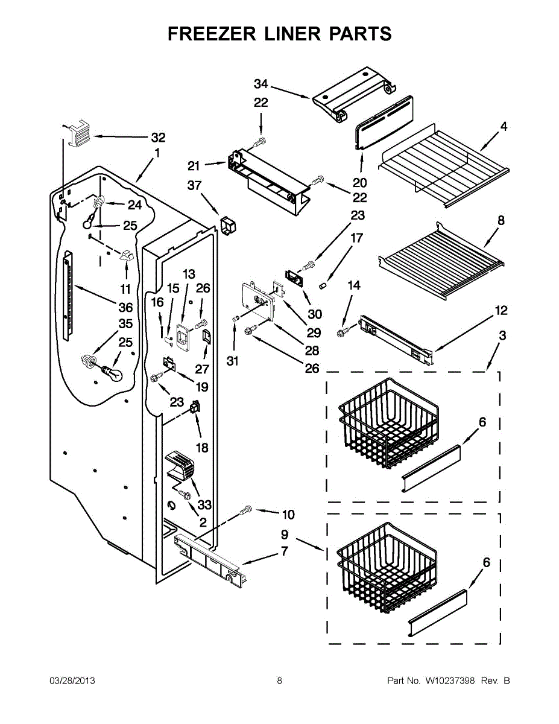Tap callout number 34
[x=261, y=84]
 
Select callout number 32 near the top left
[x=158, y=137]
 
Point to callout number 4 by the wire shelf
[x=503, y=127]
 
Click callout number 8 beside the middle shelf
[x=501, y=221]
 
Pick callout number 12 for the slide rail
[x=501, y=311]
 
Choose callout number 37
[x=194, y=185]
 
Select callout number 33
[x=205, y=504]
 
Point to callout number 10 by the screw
[x=288, y=515]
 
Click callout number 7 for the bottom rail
[x=284, y=551]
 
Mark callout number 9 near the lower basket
[x=284, y=534]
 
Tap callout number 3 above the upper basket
[x=502, y=335]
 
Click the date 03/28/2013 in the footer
[x=72, y=681]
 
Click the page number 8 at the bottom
[x=279, y=681]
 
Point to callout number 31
[x=233, y=361]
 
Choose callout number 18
[x=202, y=448]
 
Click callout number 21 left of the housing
[x=193, y=166]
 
